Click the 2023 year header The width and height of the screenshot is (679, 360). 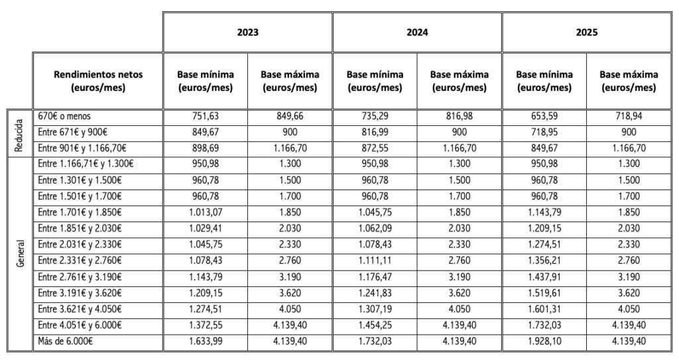click(x=247, y=32)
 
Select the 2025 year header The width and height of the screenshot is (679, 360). click(x=586, y=32)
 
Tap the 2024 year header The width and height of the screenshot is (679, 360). click(x=417, y=32)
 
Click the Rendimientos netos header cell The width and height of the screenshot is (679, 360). click(x=98, y=81)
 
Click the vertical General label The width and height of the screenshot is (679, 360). click(x=20, y=253)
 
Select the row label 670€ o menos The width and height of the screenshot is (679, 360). click(x=64, y=117)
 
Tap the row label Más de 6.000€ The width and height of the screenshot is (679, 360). click(x=65, y=341)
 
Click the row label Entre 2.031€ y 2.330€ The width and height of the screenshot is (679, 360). click(x=80, y=245)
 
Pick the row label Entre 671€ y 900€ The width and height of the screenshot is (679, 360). click(x=72, y=132)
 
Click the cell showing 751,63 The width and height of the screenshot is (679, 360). click(x=206, y=117)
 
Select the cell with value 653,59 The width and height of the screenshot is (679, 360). click(x=544, y=117)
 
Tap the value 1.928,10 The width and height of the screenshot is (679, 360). click(x=544, y=341)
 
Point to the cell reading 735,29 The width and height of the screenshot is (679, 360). click(x=375, y=117)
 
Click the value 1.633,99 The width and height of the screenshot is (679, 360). click(x=206, y=341)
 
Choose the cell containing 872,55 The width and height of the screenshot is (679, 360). click(x=375, y=148)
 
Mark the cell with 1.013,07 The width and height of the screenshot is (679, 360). click(x=206, y=212)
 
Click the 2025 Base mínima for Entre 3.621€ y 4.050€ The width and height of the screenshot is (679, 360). click(x=544, y=310)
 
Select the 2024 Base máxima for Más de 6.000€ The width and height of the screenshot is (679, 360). click(x=460, y=341)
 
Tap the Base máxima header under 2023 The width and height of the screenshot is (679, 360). click(x=290, y=81)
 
